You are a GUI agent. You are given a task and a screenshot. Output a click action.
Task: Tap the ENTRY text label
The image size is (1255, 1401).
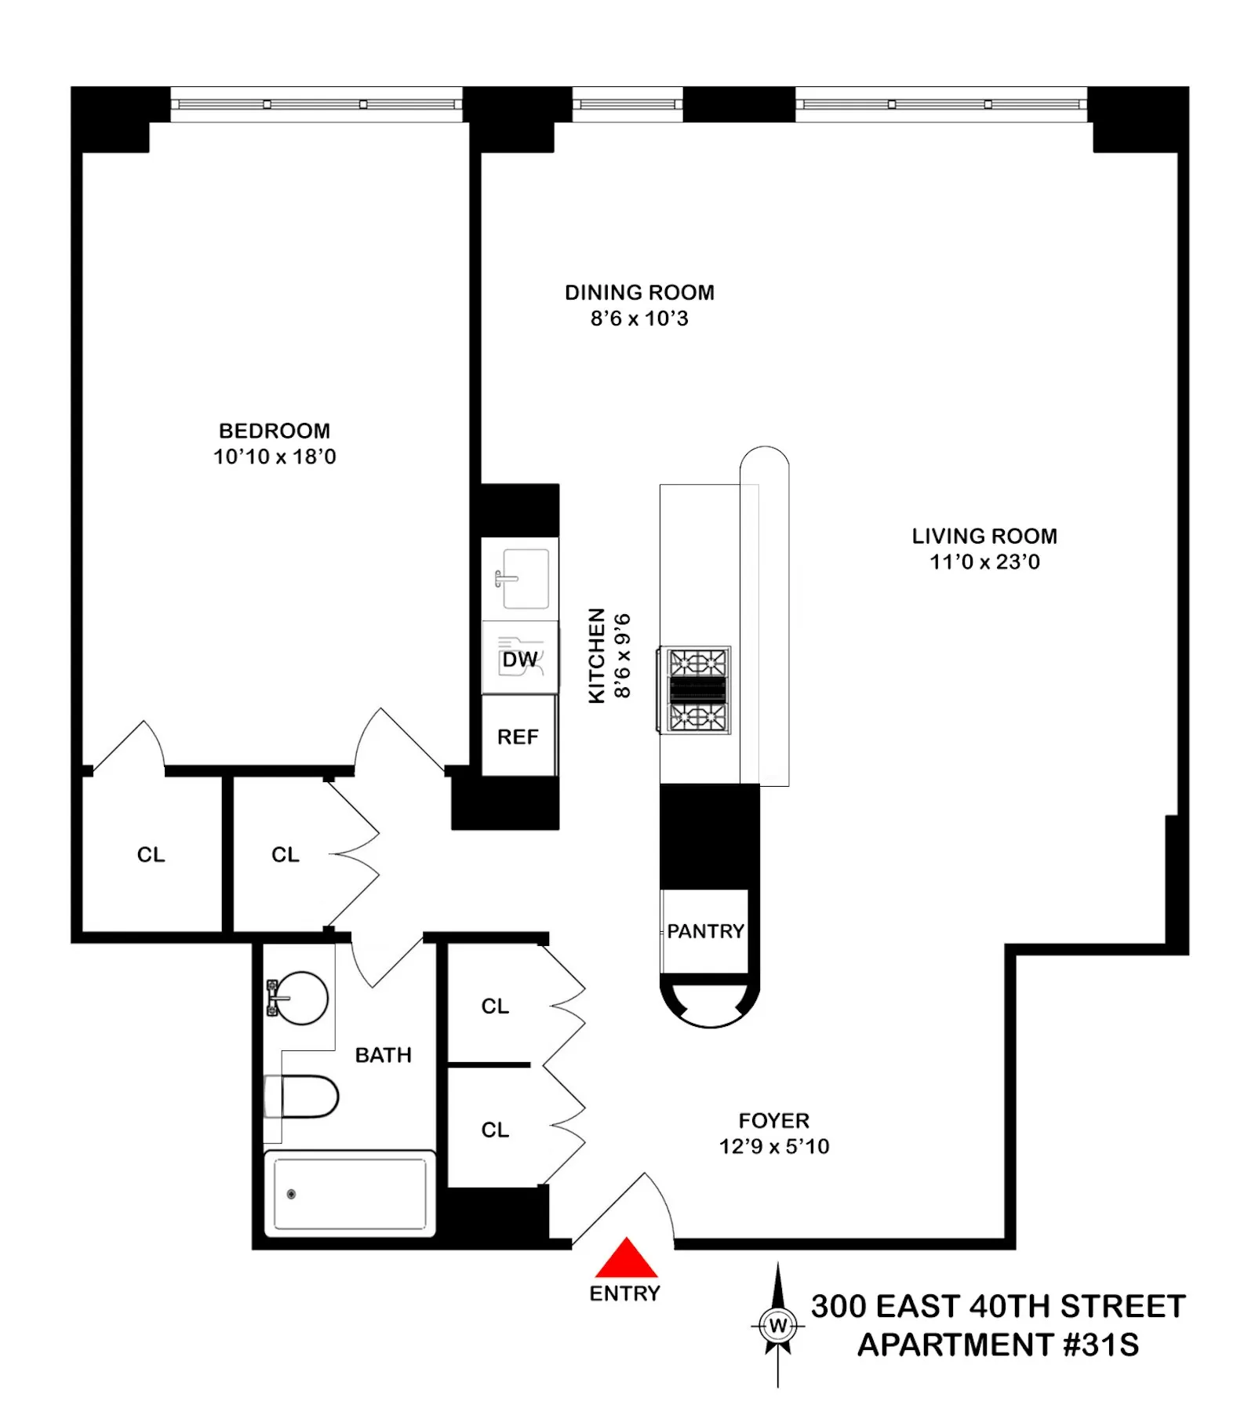pyautogui.click(x=624, y=1294)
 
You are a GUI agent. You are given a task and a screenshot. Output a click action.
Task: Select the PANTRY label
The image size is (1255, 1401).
pyautogui.click(x=705, y=931)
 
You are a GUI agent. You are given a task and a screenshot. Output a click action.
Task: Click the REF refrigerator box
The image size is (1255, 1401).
pyautogui.click(x=518, y=737)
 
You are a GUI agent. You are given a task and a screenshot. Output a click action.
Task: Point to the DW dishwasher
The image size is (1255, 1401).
pyautogui.click(x=520, y=659)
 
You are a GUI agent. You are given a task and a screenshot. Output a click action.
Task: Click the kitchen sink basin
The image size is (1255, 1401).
pyautogui.click(x=525, y=579)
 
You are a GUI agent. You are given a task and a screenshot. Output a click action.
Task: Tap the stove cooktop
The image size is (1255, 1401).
pyautogui.click(x=697, y=690)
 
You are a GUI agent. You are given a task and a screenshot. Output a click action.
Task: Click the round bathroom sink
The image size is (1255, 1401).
pyautogui.click(x=303, y=998)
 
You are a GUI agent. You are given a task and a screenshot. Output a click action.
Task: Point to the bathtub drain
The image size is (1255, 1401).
pyautogui.click(x=291, y=1194)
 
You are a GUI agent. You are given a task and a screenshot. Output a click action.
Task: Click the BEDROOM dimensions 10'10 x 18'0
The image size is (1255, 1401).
pyautogui.click(x=275, y=457)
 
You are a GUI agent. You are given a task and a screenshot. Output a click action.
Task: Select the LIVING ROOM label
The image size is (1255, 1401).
pyautogui.click(x=984, y=537)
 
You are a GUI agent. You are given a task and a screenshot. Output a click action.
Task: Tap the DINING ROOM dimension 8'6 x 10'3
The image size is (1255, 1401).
pyautogui.click(x=639, y=318)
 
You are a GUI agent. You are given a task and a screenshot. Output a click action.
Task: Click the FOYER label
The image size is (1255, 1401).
pyautogui.click(x=773, y=1120)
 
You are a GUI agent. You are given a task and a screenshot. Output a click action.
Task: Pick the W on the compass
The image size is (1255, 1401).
pyautogui.click(x=777, y=1326)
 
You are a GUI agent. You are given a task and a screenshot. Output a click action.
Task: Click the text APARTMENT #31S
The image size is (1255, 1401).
pyautogui.click(x=998, y=1345)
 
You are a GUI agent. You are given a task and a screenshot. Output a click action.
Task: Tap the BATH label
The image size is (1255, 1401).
pyautogui.click(x=383, y=1055)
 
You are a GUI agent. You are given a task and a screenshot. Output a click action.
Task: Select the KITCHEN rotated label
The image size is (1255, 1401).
pyautogui.click(x=597, y=655)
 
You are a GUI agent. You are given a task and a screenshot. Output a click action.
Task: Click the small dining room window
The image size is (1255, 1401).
pyautogui.click(x=627, y=104)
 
